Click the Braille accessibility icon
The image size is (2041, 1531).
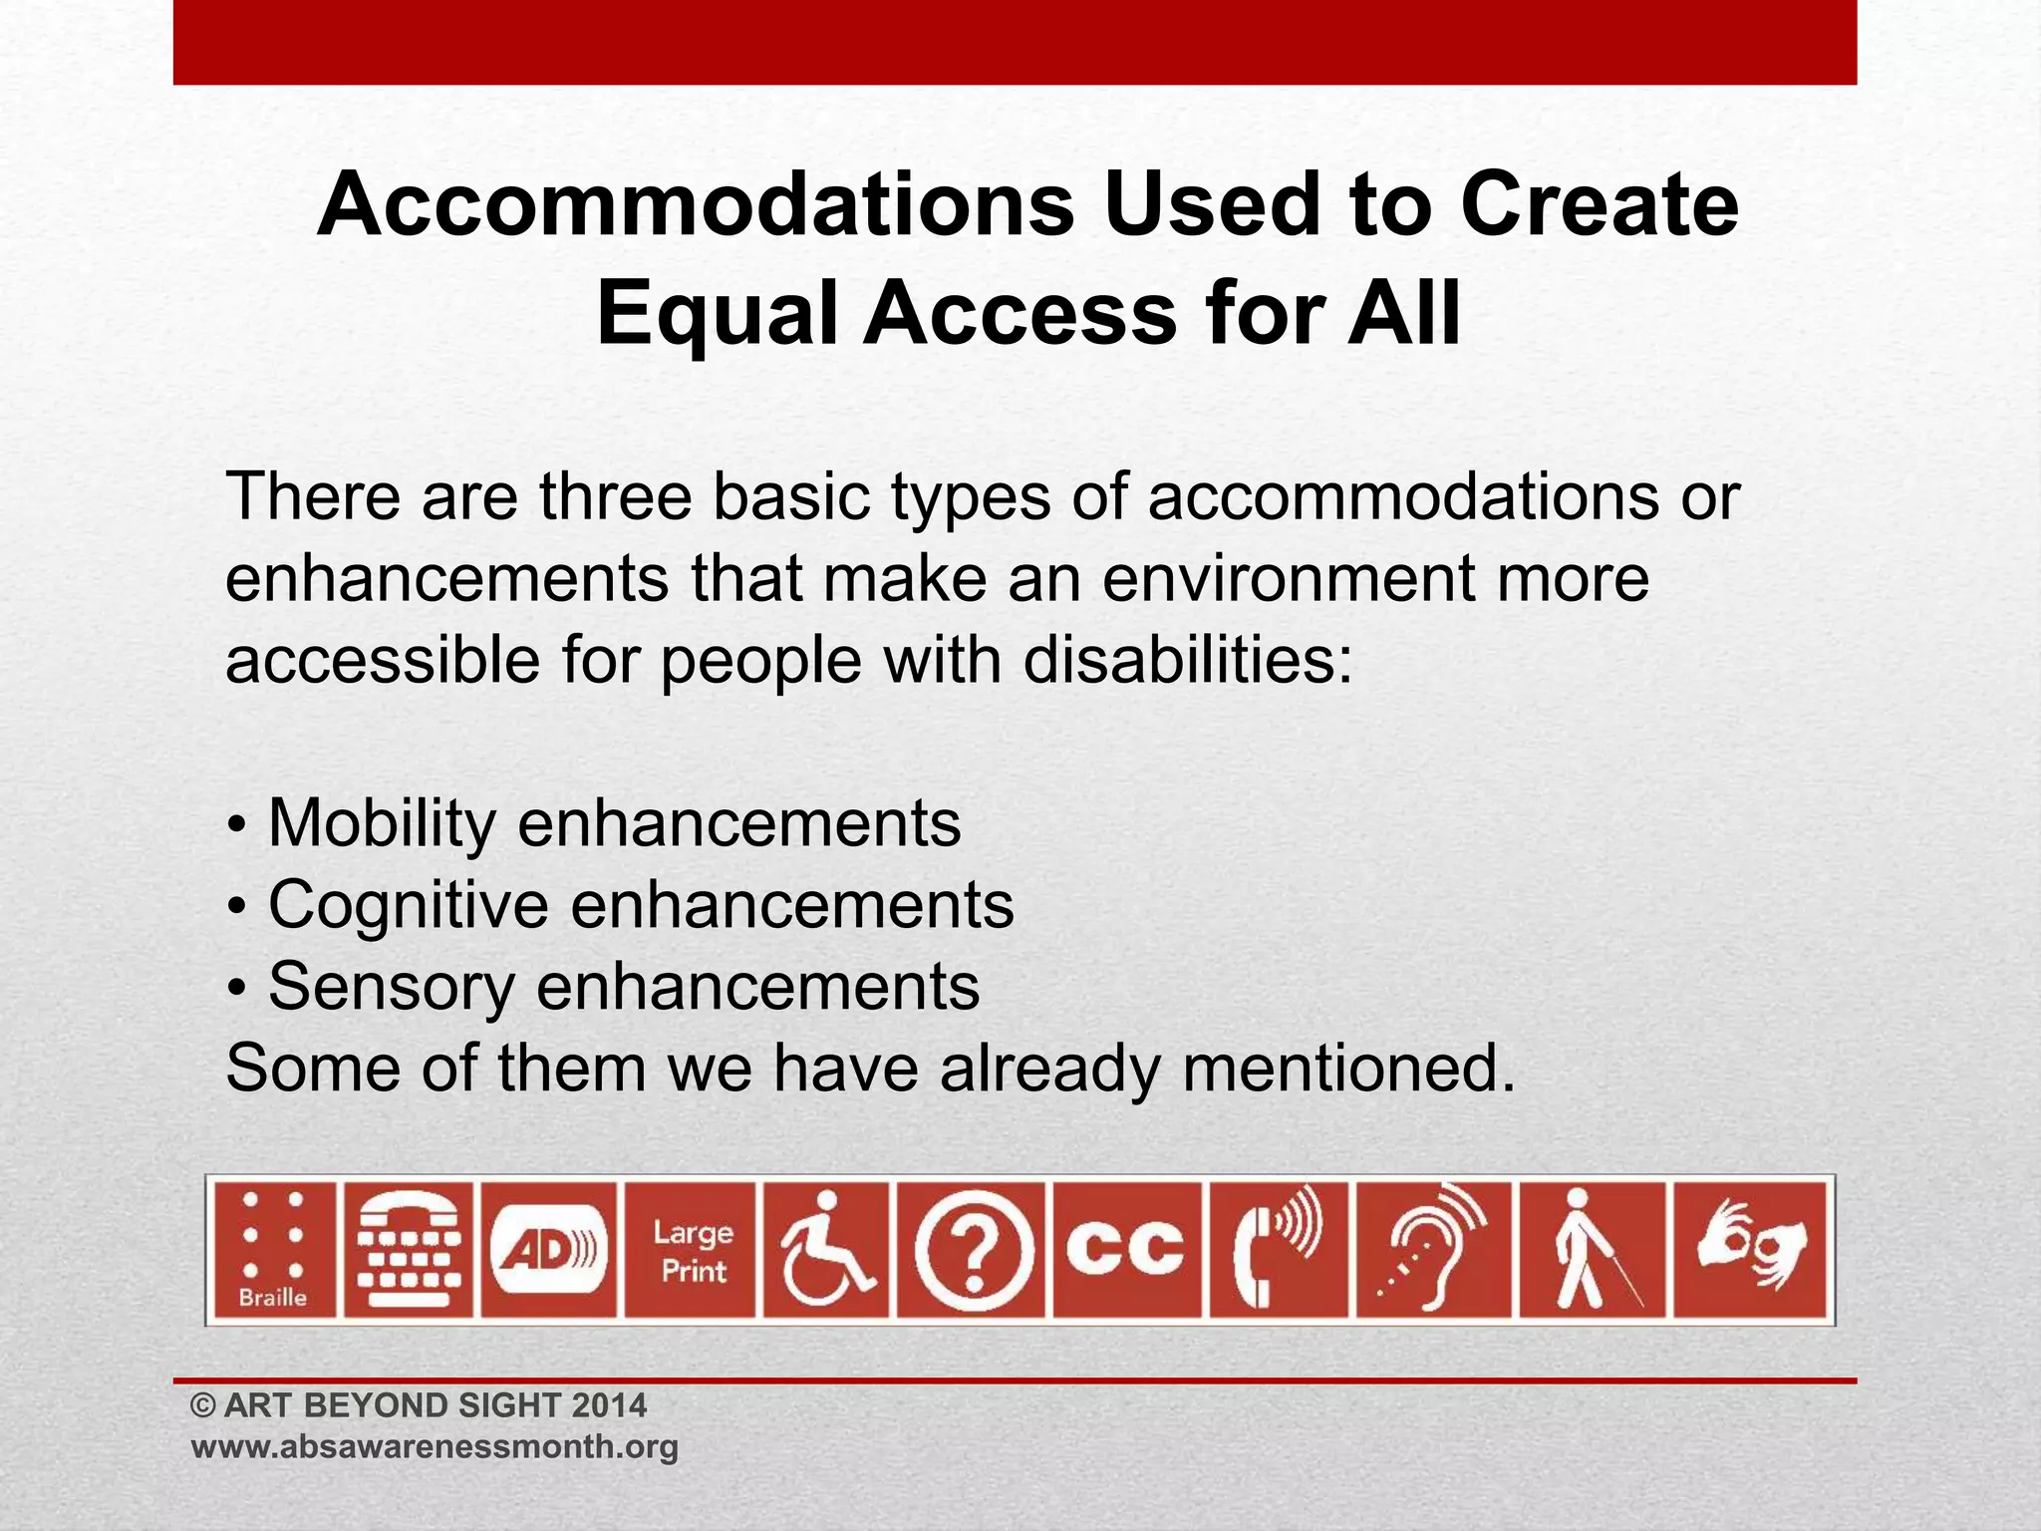coord(273,1250)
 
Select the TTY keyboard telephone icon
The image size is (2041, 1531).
coord(410,1250)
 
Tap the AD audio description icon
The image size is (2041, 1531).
coord(549,1250)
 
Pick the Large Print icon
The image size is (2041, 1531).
coord(691,1250)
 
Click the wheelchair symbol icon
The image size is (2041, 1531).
coord(826,1250)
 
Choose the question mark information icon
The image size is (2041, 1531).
coord(973,1250)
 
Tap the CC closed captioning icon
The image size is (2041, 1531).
coord(1126,1250)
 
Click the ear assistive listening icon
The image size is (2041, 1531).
coord(1432,1250)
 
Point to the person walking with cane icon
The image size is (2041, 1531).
coord(1592,1250)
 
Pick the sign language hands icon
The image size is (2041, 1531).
coord(1751,1250)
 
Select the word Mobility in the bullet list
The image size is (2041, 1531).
coord(382,823)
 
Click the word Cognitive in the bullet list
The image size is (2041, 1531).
coord(408,905)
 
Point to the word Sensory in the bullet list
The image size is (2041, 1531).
coord(391,987)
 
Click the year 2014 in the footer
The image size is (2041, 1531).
coord(609,1405)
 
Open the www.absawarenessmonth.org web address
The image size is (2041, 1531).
coord(435,1446)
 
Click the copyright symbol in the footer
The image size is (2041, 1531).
coord(203,1406)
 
